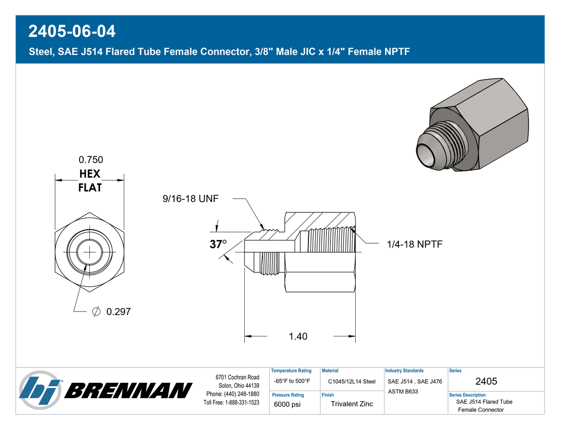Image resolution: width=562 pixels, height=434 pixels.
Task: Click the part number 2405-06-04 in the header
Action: point(72,31)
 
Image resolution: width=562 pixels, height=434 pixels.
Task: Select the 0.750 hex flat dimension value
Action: point(91,160)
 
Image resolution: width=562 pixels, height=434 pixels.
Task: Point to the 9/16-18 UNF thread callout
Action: point(190,199)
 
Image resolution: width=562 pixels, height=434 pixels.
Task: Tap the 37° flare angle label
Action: point(218,244)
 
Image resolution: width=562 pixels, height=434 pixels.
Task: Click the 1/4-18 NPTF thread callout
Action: point(415,244)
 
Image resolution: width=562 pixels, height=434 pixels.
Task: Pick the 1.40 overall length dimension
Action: point(298,336)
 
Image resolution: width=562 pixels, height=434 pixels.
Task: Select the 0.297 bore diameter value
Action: point(118,312)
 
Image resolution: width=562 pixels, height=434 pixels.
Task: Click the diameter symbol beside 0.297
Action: point(96,312)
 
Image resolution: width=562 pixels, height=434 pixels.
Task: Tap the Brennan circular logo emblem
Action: point(40,390)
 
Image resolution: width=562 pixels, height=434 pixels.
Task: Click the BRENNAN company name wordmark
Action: point(128,390)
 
